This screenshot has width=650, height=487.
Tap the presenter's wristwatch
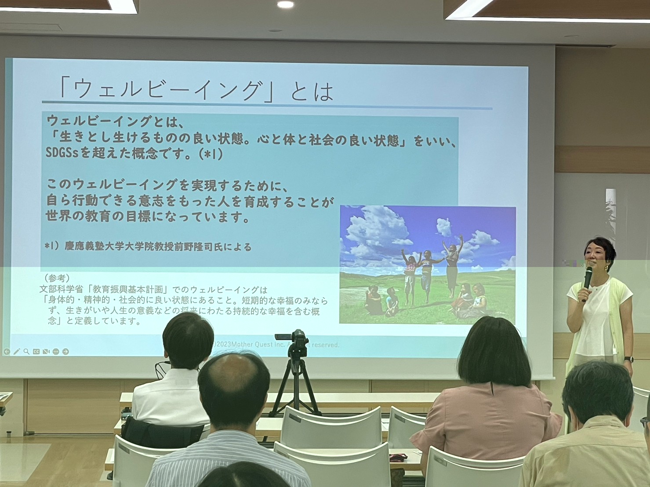(x=628, y=359)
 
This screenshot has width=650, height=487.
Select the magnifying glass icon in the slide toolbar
(x=26, y=351)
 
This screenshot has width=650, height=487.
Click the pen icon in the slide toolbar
(x=17, y=351)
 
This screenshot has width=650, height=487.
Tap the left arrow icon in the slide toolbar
(x=7, y=351)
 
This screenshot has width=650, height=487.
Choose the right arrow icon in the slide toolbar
(x=65, y=351)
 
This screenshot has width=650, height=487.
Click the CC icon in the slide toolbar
(x=36, y=351)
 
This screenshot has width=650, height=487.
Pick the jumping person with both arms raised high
(x=453, y=263)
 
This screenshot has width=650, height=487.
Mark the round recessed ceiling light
(x=285, y=4)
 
